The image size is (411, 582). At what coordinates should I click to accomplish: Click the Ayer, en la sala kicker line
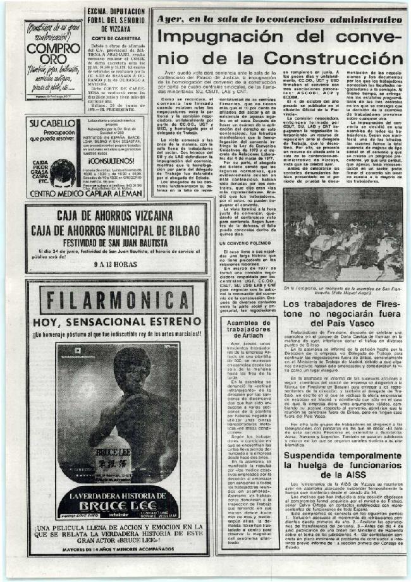pos(279,19)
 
